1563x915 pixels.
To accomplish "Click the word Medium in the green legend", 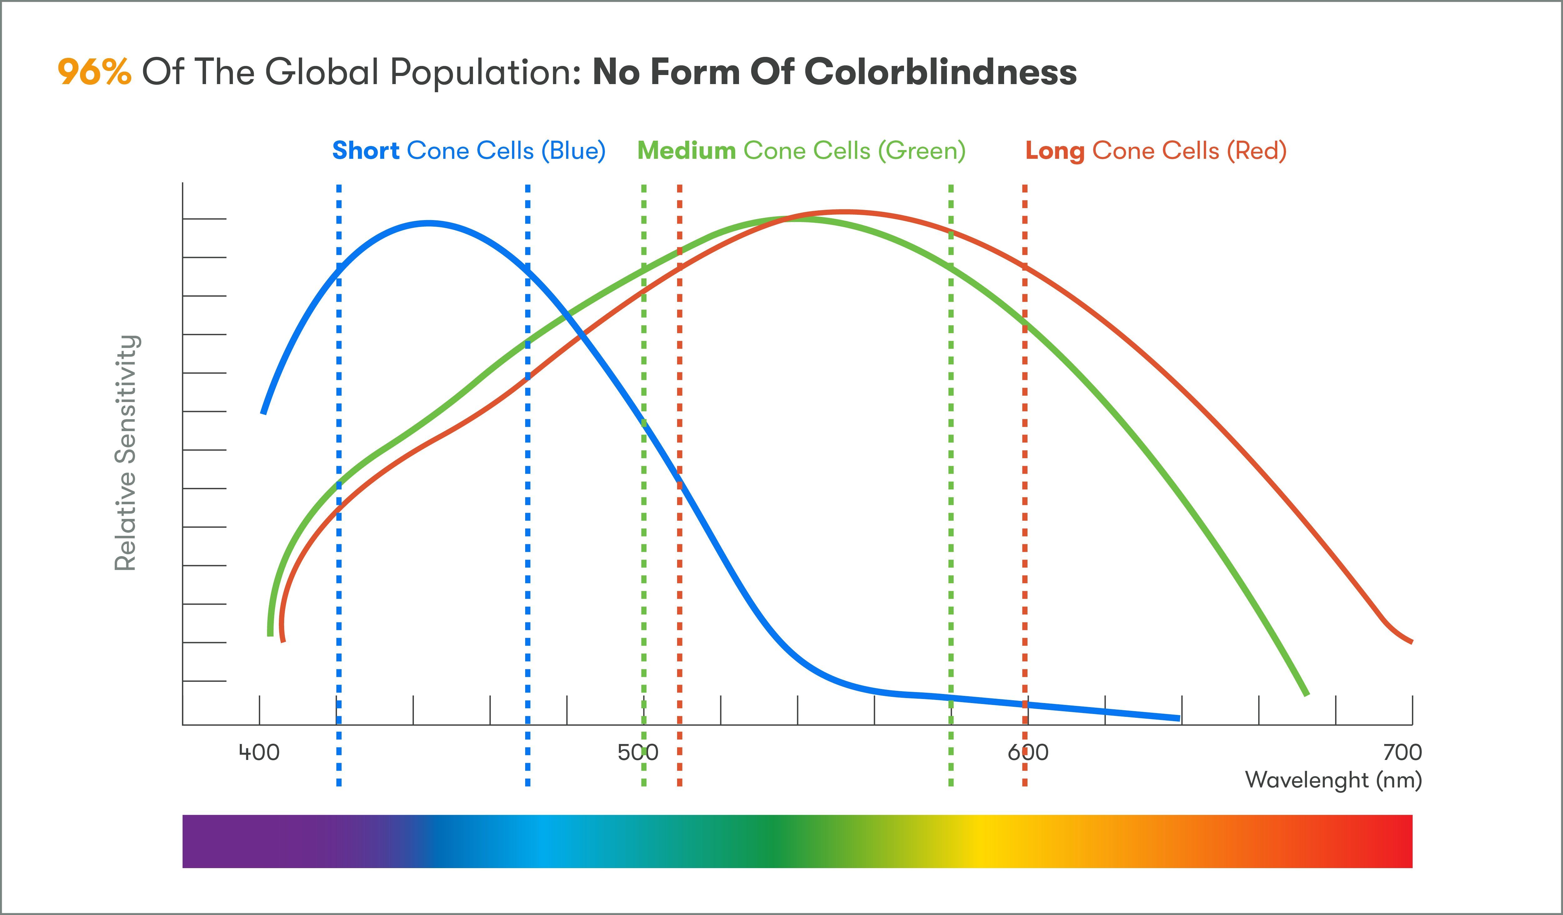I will (686, 151).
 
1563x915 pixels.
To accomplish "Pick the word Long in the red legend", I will (1054, 151).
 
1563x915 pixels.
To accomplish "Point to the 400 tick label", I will (259, 752).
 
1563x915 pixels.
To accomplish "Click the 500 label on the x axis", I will (638, 752).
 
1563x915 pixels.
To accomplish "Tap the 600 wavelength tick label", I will (1028, 752).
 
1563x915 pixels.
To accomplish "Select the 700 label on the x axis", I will (1402, 752).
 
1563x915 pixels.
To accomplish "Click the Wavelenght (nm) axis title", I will (1334, 780).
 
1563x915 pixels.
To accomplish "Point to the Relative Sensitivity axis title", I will (126, 453).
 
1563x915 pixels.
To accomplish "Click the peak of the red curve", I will (843, 212).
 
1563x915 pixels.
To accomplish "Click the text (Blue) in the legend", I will (573, 151).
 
